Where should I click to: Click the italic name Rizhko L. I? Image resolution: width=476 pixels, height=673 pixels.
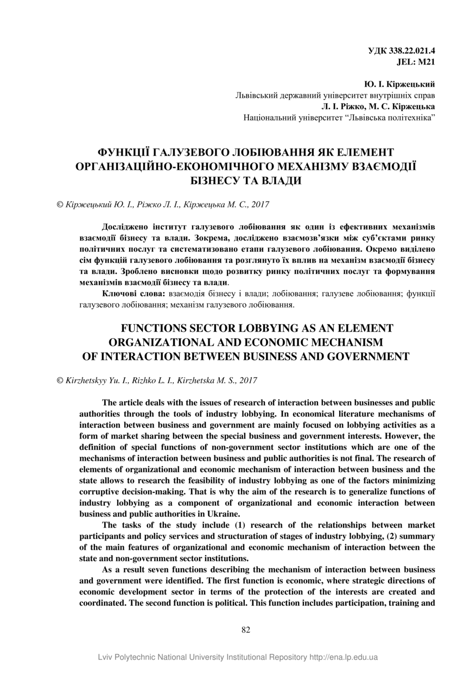point(151,381)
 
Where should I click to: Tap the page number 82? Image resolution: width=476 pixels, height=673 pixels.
point(245,630)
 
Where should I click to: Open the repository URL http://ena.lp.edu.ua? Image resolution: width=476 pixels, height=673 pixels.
point(343,657)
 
